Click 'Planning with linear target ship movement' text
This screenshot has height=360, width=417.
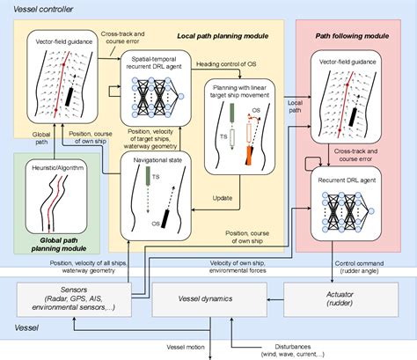point(240,92)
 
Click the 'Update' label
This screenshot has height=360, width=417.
point(223,197)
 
